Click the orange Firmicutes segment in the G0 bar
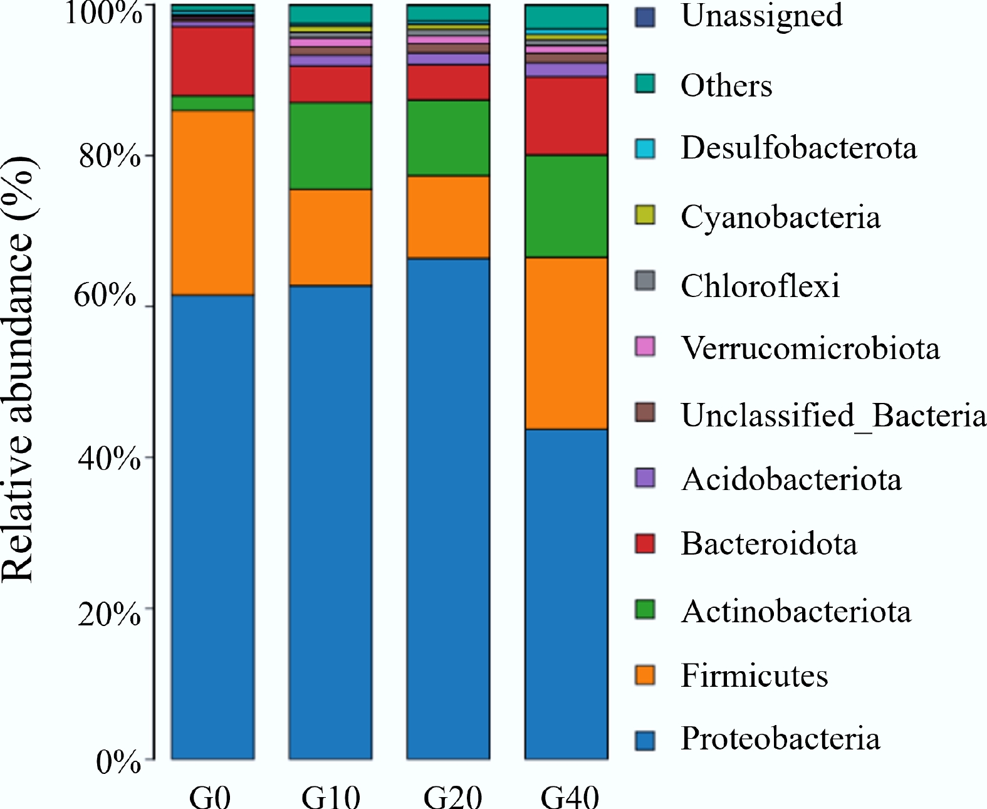coord(213,202)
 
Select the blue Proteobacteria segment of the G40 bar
coord(567,594)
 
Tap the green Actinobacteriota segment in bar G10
coord(330,146)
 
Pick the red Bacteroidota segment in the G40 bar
coord(567,116)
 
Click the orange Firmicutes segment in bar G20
coord(448,217)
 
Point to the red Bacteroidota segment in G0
coord(213,62)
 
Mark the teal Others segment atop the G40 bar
coord(567,16)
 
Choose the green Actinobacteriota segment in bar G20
coord(448,138)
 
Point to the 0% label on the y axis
coord(118,763)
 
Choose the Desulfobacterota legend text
coord(799,149)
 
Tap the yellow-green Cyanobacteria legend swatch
coord(645,215)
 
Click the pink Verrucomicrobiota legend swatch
coord(645,347)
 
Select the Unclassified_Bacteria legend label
coord(833,415)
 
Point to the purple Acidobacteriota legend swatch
coord(645,478)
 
